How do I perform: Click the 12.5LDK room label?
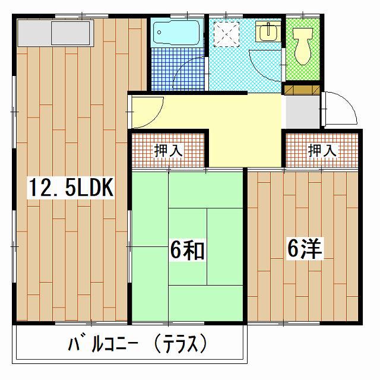tap(71, 187)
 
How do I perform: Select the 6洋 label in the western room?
tap(305, 249)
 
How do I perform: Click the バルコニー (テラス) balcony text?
tap(138, 343)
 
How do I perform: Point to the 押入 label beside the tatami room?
tap(168, 150)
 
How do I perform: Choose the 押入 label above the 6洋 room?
tap(322, 150)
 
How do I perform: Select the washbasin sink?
tap(268, 31)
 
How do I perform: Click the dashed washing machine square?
tap(226, 34)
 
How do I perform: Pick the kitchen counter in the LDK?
tap(55, 33)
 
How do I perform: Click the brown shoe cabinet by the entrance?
tap(302, 90)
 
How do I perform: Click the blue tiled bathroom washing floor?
tap(178, 69)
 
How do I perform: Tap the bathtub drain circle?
tap(159, 32)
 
